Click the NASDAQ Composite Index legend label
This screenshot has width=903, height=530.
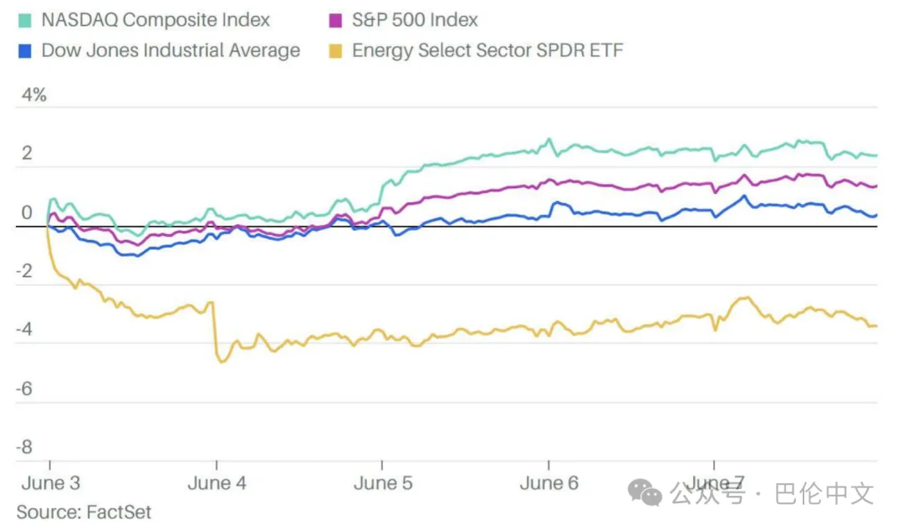tap(156, 19)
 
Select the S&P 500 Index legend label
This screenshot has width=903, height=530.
tap(415, 19)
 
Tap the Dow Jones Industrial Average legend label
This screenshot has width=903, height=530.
tap(171, 50)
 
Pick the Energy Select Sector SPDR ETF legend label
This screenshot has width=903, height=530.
tap(487, 50)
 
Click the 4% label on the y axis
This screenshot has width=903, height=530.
tap(33, 95)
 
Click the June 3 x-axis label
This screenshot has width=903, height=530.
tap(51, 483)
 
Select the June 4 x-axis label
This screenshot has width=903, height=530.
tap(217, 483)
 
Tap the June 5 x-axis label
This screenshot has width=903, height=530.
tap(383, 483)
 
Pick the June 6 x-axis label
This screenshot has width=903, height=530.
tap(548, 483)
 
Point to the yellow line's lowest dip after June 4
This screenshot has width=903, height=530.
tap(222, 361)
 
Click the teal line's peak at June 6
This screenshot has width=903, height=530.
tap(549, 140)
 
